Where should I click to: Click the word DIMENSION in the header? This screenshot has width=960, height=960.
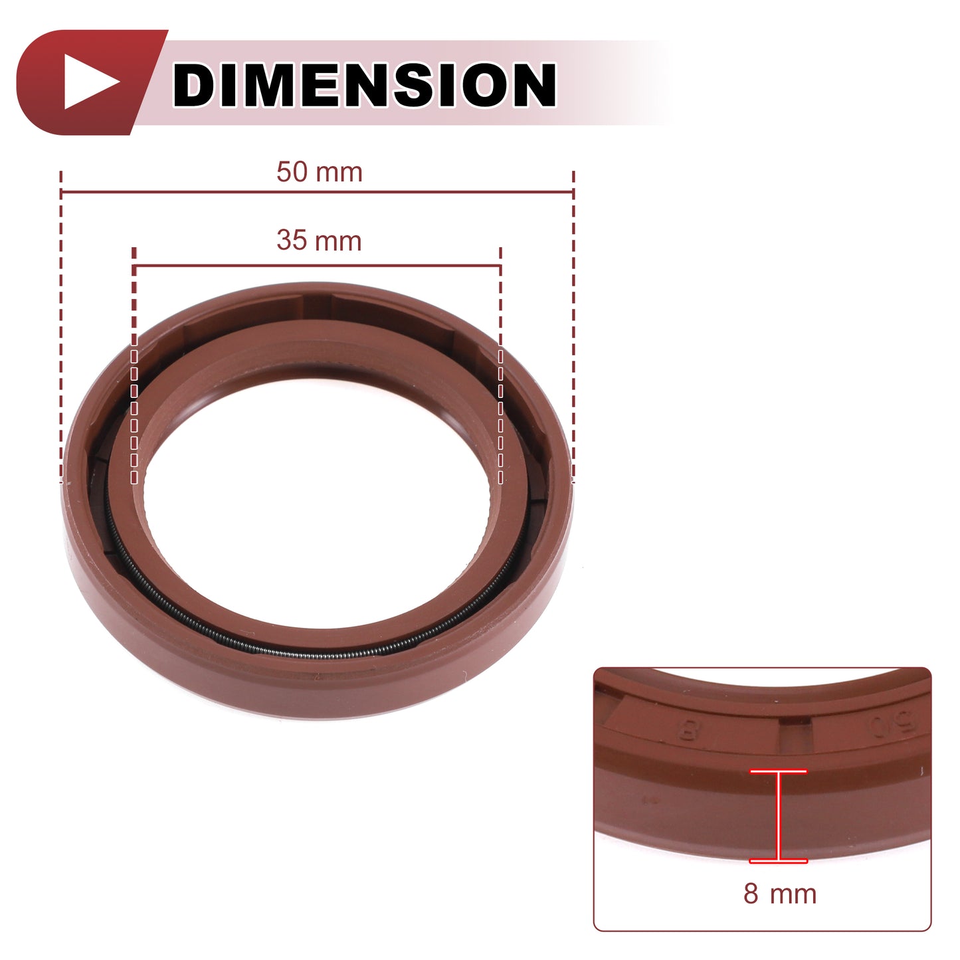pyautogui.click(x=364, y=84)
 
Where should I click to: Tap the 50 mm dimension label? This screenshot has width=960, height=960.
pyautogui.click(x=320, y=172)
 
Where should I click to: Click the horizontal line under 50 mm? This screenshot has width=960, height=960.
pyautogui.click(x=318, y=192)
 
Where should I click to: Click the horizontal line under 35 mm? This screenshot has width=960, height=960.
pyautogui.click(x=318, y=266)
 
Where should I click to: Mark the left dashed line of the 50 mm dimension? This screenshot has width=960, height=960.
pyautogui.click(x=60, y=327)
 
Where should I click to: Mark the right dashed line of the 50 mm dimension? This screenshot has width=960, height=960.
pyautogui.click(x=573, y=327)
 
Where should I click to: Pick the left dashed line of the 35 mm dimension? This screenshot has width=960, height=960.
pyautogui.click(x=134, y=365)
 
